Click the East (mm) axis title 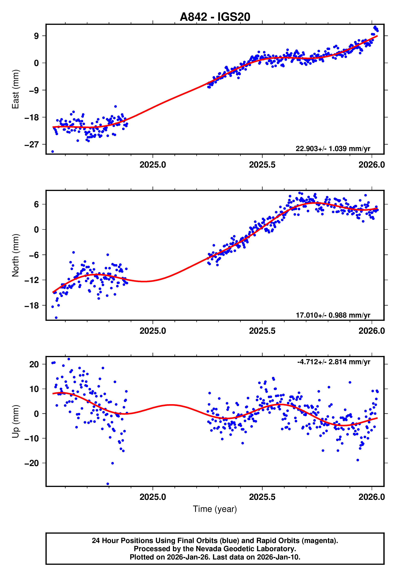point(15,89)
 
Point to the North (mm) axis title point(15,255)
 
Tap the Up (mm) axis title point(15,422)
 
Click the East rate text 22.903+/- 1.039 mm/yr point(333,149)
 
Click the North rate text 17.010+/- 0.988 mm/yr point(333,315)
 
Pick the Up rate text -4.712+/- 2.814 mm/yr point(334,362)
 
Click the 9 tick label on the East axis point(36,36)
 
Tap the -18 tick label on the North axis point(32,306)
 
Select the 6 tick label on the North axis point(36,204)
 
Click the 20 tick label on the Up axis point(34,364)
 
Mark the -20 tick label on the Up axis point(32,463)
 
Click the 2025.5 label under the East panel point(262,165)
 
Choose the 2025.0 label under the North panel point(153,331)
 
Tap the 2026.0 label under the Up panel point(371,497)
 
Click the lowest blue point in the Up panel point(108,484)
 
